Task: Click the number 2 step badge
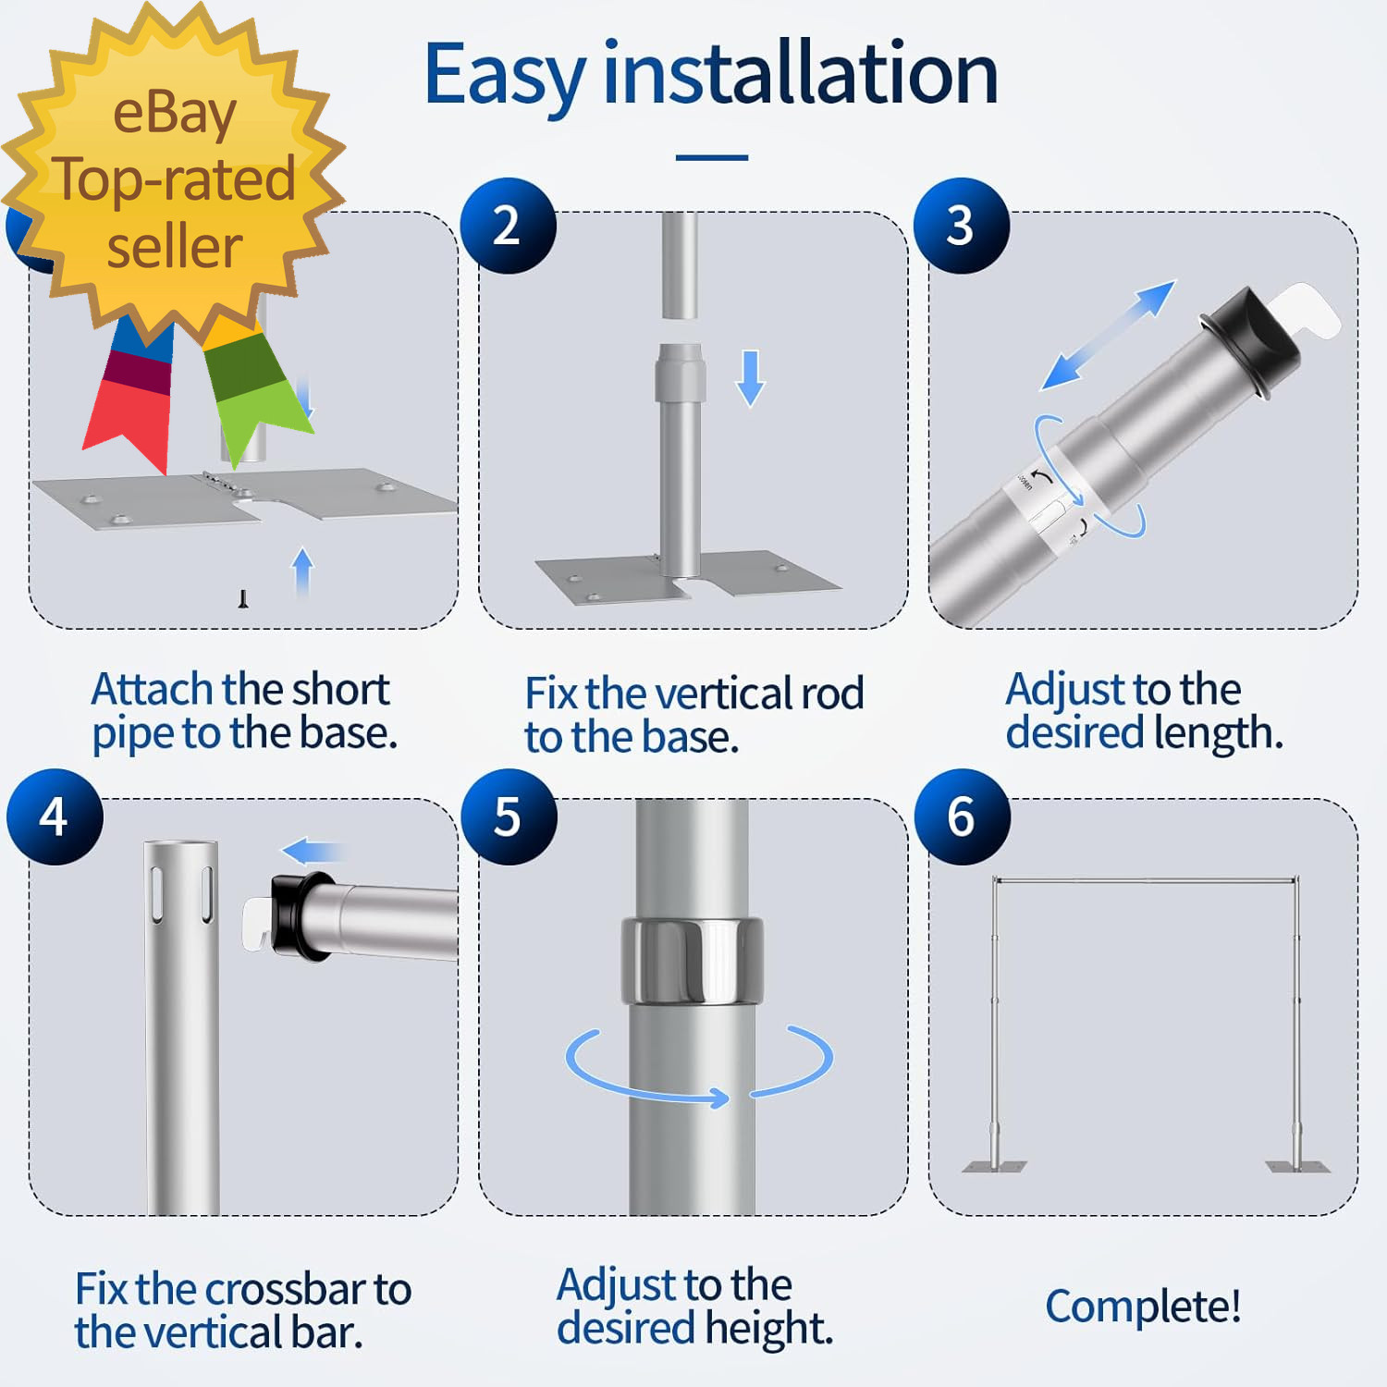tap(508, 226)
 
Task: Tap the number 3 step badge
tap(961, 226)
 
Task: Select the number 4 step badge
tap(55, 817)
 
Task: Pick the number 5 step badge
tap(509, 817)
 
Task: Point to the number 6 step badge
tap(962, 817)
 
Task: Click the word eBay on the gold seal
tap(175, 114)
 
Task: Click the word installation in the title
tap(801, 74)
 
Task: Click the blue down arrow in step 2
tap(751, 378)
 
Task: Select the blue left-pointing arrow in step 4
tap(313, 852)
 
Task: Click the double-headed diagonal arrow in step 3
tap(1108, 335)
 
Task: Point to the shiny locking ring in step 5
tap(692, 961)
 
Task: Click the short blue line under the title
tap(712, 158)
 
